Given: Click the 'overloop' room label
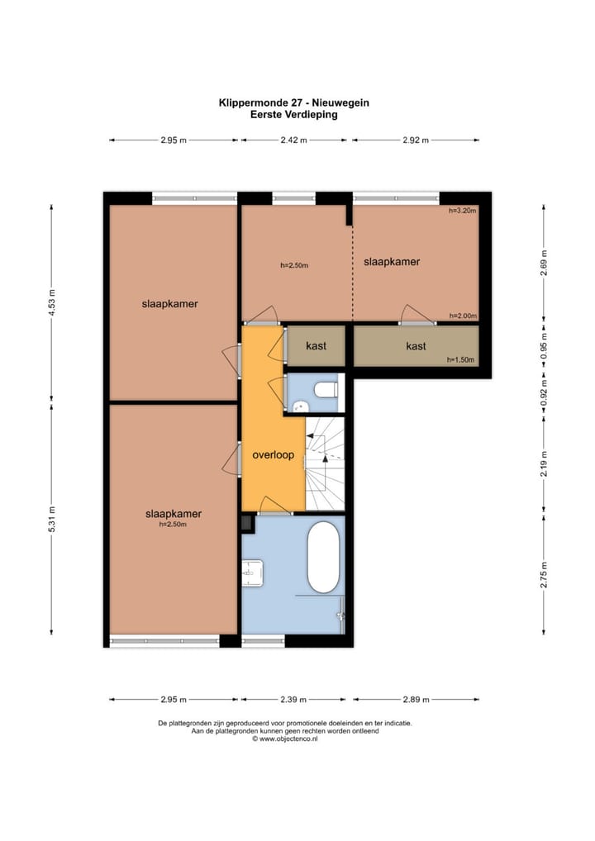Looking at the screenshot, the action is pos(273,455).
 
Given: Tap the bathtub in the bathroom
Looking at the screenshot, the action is pos(323,558).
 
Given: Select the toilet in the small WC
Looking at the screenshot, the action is pos(326,389).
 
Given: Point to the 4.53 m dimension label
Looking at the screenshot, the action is pos(52,303).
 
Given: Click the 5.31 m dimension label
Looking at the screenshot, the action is pos(52,519).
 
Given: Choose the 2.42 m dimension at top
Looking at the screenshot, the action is pos(293,140).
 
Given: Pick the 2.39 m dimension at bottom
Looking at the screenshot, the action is pos(293,700).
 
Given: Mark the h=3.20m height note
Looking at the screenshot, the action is pos(463,211).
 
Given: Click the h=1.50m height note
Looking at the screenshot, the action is pos(461,360).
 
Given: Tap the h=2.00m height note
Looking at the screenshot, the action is pos(463,316).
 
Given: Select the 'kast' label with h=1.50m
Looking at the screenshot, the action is pos(416,346).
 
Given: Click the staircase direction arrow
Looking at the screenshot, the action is pos(325,456).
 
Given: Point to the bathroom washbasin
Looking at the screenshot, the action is pos(252,573).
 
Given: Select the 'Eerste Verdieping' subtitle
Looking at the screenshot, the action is pos(294,114).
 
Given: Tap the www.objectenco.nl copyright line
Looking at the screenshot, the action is pos(285,739).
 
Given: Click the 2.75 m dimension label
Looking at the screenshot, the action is pos(544,574).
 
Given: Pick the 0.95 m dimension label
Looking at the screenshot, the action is pos(544,346).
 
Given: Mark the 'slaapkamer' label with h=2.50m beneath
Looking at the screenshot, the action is pos(174,513).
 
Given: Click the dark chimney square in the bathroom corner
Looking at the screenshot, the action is pos(247,523).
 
